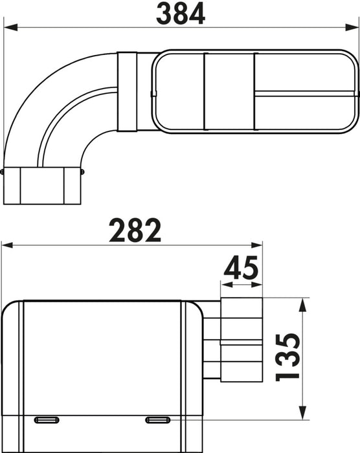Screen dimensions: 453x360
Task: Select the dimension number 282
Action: (135, 230)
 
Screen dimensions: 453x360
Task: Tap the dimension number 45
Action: (242, 267)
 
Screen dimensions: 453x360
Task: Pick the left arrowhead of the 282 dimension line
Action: (7, 245)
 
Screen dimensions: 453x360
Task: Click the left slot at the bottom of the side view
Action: (46, 420)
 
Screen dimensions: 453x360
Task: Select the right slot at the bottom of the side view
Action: (157, 420)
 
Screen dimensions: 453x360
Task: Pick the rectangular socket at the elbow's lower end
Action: (43, 186)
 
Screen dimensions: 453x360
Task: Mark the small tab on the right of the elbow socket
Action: (82, 172)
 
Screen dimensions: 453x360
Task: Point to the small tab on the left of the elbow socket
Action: (3, 172)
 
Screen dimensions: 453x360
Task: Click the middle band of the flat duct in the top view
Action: (229, 91)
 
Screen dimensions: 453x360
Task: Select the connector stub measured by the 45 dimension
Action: (242, 340)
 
